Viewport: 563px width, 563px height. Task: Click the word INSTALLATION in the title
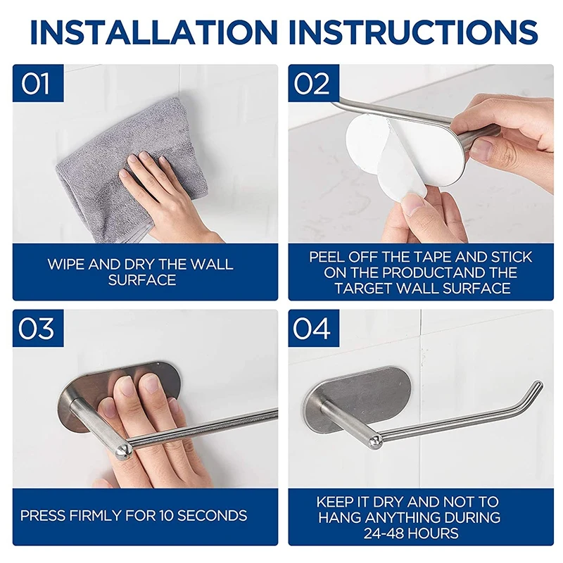coord(154,32)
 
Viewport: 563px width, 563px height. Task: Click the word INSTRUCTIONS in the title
coord(413,32)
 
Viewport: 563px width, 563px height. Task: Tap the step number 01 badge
coord(38,83)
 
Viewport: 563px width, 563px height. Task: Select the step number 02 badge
coord(313,83)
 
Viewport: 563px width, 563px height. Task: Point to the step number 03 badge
coord(38,328)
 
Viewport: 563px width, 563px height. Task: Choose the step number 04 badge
coord(313,328)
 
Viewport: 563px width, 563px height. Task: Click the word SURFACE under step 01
coord(142,280)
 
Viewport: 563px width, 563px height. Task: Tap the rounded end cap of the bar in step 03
coord(124,451)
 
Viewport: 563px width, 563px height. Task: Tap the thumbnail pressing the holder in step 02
coord(481,149)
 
